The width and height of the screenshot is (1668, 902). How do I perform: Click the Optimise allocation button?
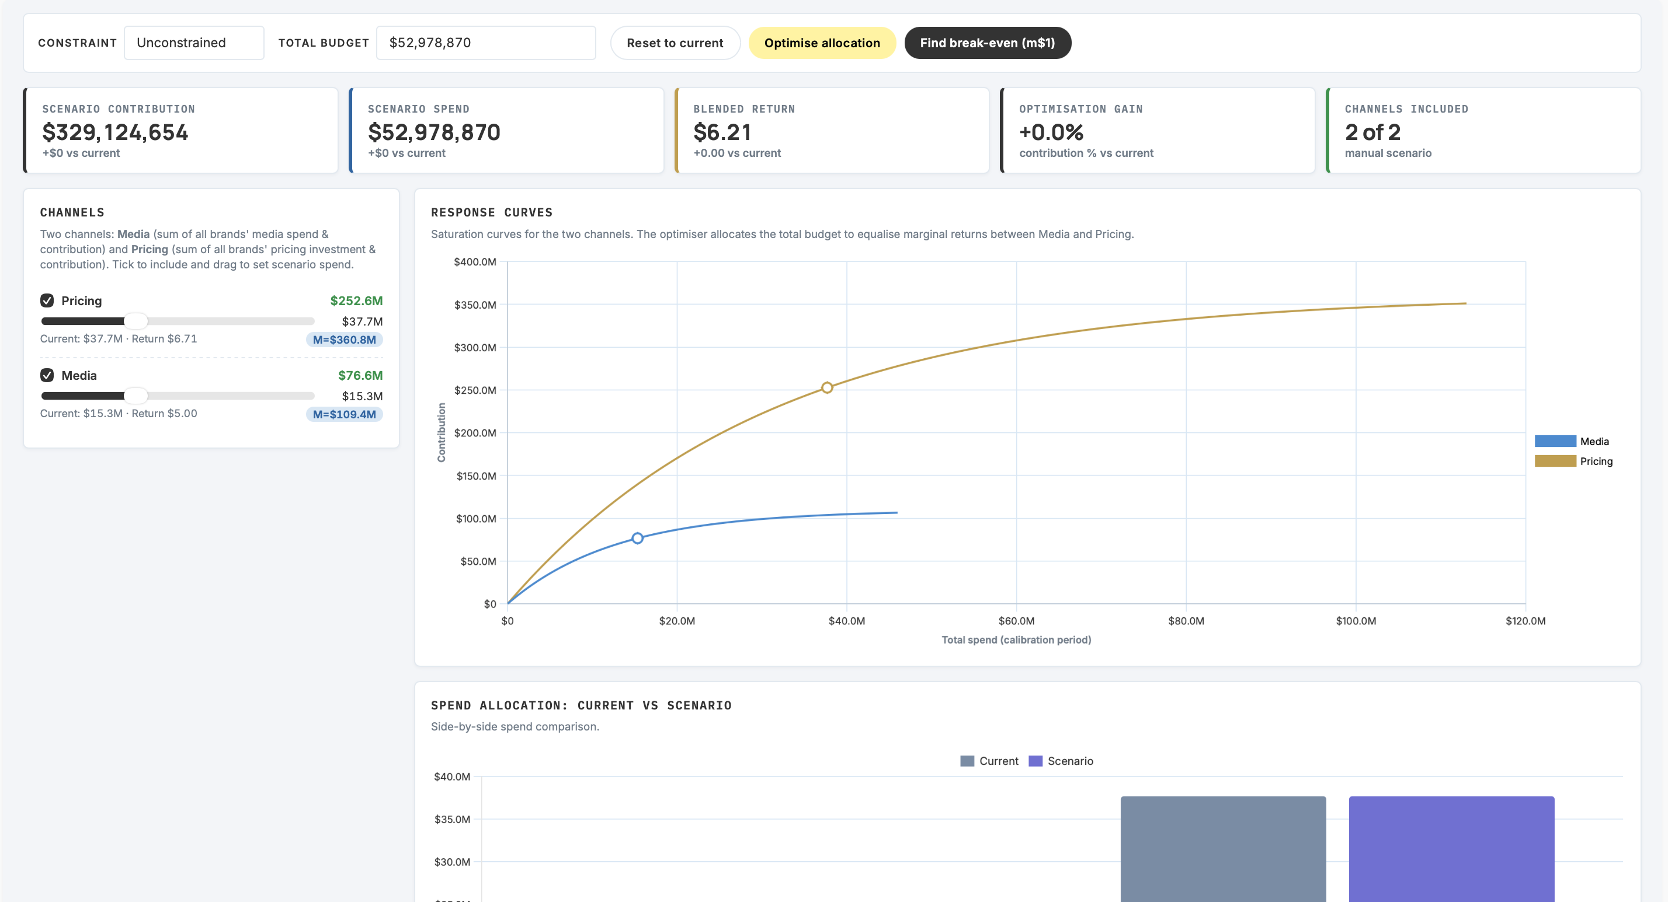click(x=822, y=43)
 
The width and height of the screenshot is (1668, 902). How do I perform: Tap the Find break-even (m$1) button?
click(x=988, y=43)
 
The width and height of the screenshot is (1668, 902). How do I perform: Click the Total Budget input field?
click(x=486, y=43)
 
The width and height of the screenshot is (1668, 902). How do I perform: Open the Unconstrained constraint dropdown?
click(x=194, y=43)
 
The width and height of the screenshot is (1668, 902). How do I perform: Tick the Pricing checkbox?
click(x=47, y=300)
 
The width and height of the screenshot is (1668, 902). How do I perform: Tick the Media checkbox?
click(x=47, y=375)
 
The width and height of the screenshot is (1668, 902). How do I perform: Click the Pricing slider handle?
click(x=135, y=321)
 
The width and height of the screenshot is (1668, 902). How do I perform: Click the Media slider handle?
click(x=135, y=396)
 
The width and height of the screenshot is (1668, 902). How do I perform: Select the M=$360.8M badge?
click(x=345, y=340)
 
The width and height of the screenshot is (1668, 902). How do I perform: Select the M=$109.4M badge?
click(x=345, y=414)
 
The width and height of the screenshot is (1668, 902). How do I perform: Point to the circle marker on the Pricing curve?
click(x=827, y=387)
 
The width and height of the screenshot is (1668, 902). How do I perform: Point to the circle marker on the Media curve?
click(x=638, y=539)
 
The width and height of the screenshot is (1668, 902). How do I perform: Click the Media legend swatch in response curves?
click(x=1555, y=441)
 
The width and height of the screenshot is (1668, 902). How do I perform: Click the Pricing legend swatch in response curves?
click(x=1555, y=461)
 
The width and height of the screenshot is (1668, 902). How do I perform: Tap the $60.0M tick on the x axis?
click(x=1017, y=621)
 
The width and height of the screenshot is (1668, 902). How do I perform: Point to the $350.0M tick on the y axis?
click(x=475, y=305)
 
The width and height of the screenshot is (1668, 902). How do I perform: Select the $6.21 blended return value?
click(x=722, y=132)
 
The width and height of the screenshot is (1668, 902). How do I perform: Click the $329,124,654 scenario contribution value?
click(x=115, y=132)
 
